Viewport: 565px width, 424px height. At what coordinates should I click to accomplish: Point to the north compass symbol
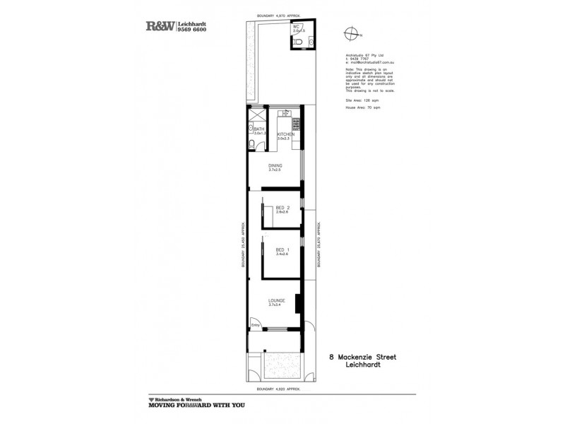(350, 33)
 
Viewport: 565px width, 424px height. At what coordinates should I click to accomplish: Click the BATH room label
(258, 129)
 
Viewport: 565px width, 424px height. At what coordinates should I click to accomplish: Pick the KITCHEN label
(285, 134)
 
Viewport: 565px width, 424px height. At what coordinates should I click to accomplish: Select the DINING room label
(275, 166)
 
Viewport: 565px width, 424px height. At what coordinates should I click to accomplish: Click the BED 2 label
(282, 207)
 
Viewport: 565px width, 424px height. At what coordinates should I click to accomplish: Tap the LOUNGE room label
(276, 301)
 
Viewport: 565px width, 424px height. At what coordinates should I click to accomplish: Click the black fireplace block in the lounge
(299, 303)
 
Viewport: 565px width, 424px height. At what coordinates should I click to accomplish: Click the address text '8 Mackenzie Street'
(363, 358)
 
